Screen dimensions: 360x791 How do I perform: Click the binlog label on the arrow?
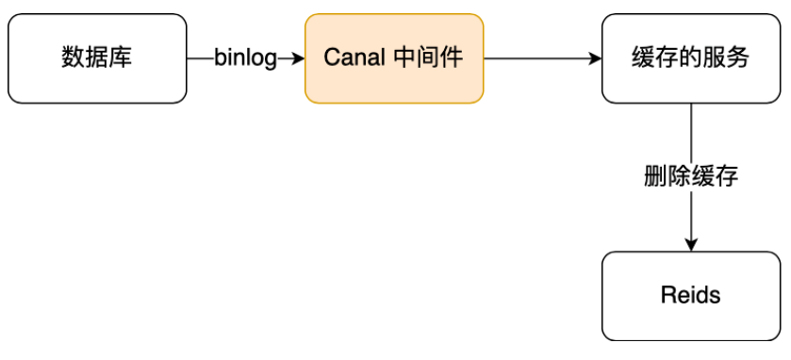[245, 58]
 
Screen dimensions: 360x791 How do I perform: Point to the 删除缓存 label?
[691, 175]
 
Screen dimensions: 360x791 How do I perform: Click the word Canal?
[351, 58]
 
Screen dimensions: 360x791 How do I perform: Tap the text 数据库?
[97, 58]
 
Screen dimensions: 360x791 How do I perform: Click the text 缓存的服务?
[691, 58]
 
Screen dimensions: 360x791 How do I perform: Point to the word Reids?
[691, 296]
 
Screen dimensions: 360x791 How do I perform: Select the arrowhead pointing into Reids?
[691, 245]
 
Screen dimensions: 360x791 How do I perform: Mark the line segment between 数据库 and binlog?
[200, 58]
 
